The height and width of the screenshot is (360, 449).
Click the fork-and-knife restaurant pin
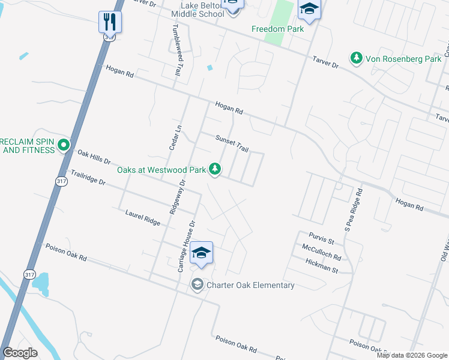110,22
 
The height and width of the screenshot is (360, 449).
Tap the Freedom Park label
277,29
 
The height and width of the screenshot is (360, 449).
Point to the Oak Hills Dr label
94,157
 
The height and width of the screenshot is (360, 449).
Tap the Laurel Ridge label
143,217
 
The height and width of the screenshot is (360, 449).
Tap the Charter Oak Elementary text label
250,285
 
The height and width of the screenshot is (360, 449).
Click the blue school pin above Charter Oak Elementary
202,253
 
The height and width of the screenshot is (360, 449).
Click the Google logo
20,352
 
